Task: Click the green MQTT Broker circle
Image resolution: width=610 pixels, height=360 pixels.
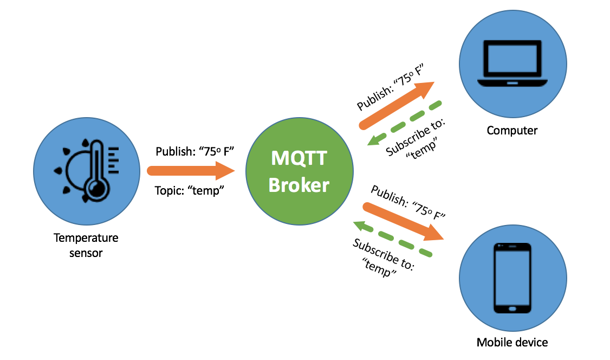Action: [299, 171]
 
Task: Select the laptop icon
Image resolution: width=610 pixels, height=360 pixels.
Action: [512, 64]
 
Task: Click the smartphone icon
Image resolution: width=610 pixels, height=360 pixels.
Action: [512, 278]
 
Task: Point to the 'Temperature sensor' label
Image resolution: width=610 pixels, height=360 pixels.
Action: [86, 245]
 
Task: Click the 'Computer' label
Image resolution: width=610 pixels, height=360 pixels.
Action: [512, 130]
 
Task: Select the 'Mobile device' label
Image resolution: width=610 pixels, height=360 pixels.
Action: [512, 342]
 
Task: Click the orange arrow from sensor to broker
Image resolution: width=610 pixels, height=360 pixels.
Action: [190, 171]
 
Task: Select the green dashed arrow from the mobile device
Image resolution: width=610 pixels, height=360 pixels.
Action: [392, 238]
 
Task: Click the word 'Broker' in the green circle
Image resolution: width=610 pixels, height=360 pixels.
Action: [299, 185]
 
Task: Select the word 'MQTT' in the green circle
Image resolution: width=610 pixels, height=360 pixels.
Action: [299, 159]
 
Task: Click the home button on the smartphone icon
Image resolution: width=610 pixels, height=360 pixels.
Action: [512, 308]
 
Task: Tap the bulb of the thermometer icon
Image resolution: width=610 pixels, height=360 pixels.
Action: [97, 188]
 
